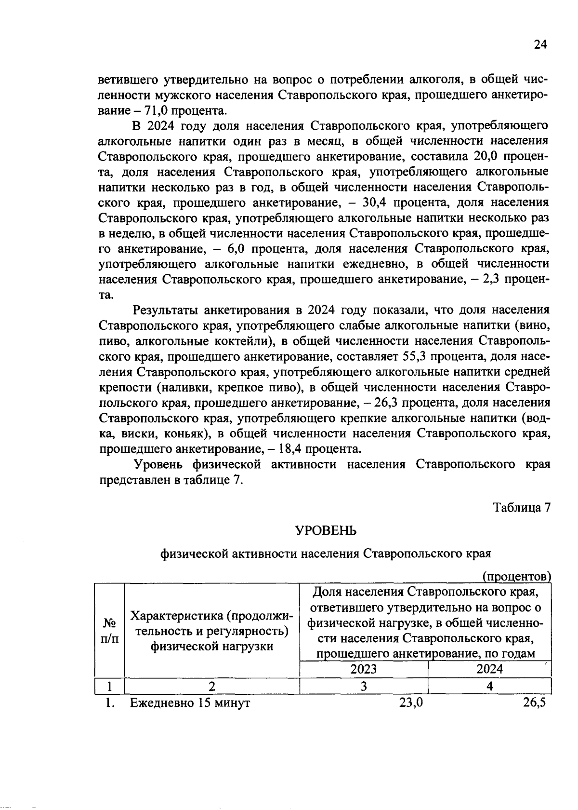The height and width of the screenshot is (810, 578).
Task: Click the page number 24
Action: tap(541, 45)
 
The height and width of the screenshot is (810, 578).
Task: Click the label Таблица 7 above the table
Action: tap(522, 508)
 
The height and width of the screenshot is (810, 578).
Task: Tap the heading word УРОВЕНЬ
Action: tap(326, 531)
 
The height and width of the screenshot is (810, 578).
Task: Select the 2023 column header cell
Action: tap(364, 669)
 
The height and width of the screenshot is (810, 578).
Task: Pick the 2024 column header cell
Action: tap(489, 669)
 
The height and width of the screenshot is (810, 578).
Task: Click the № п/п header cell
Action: tap(109, 631)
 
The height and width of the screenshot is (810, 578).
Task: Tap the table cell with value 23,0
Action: tap(411, 702)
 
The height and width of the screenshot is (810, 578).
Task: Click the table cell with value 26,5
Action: tap(535, 702)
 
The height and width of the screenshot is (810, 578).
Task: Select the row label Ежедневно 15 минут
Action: tap(190, 703)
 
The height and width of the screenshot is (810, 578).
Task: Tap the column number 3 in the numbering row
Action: tap(364, 686)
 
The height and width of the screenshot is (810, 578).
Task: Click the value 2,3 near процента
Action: tap(495, 280)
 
